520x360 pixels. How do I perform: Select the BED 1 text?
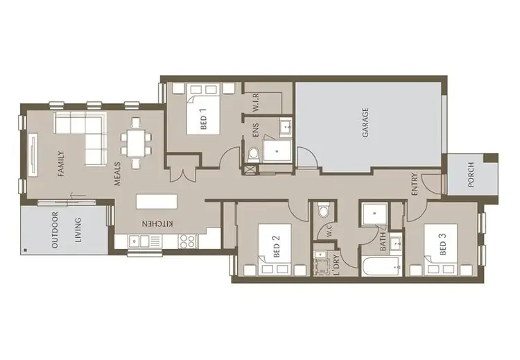[204, 122]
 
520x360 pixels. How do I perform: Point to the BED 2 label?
[275, 246]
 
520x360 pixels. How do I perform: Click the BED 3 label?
[443, 247]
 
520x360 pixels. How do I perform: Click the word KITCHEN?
[157, 223]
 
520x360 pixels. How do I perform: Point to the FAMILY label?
[61, 164]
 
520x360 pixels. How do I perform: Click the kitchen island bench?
[157, 200]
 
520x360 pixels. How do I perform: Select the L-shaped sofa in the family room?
[87, 135]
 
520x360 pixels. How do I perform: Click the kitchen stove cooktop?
[187, 241]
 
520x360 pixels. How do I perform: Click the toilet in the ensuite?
[253, 153]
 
